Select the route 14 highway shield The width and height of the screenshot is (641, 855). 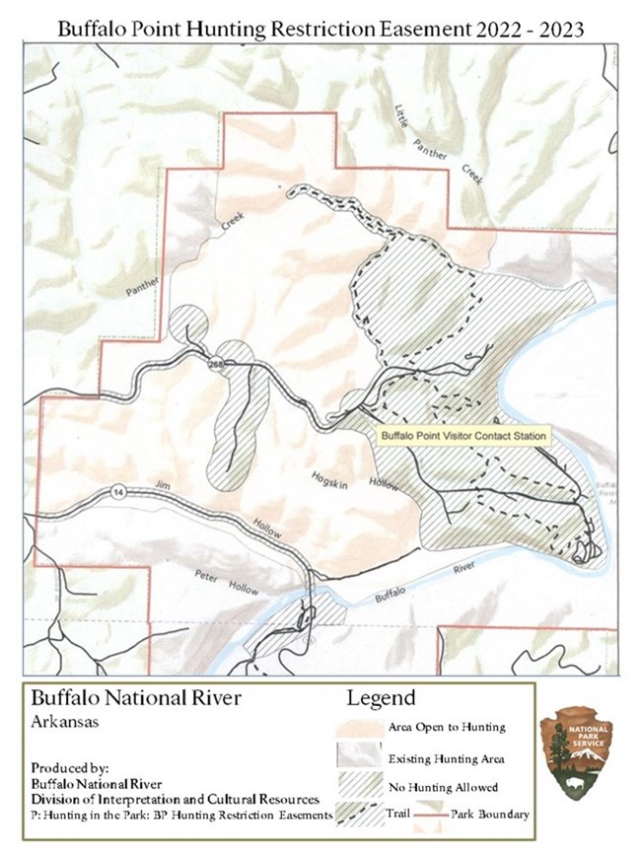click(x=117, y=493)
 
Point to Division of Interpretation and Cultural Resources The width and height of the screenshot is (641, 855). click(x=175, y=798)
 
